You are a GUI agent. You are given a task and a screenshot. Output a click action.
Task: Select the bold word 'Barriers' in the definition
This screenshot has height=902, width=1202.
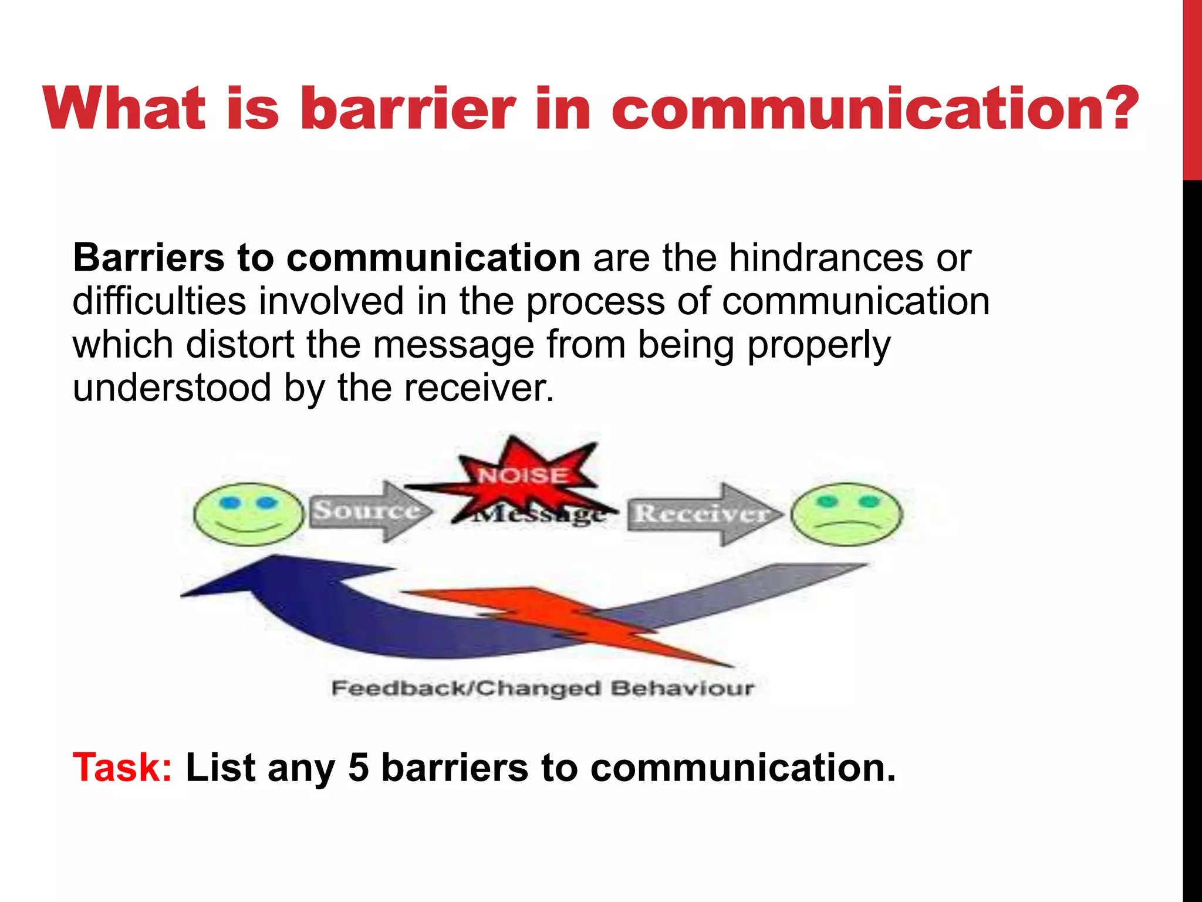(x=148, y=258)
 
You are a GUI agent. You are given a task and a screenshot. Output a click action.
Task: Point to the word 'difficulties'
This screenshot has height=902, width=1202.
(x=159, y=301)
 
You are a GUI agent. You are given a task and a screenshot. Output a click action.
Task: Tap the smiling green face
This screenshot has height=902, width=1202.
(x=249, y=514)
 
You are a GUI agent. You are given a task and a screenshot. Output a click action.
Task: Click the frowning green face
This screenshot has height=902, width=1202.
(x=846, y=514)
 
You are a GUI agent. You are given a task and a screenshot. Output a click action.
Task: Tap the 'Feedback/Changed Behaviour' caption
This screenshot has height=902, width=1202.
(x=542, y=688)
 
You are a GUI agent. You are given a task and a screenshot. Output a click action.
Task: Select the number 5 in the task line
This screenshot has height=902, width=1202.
(x=358, y=768)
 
